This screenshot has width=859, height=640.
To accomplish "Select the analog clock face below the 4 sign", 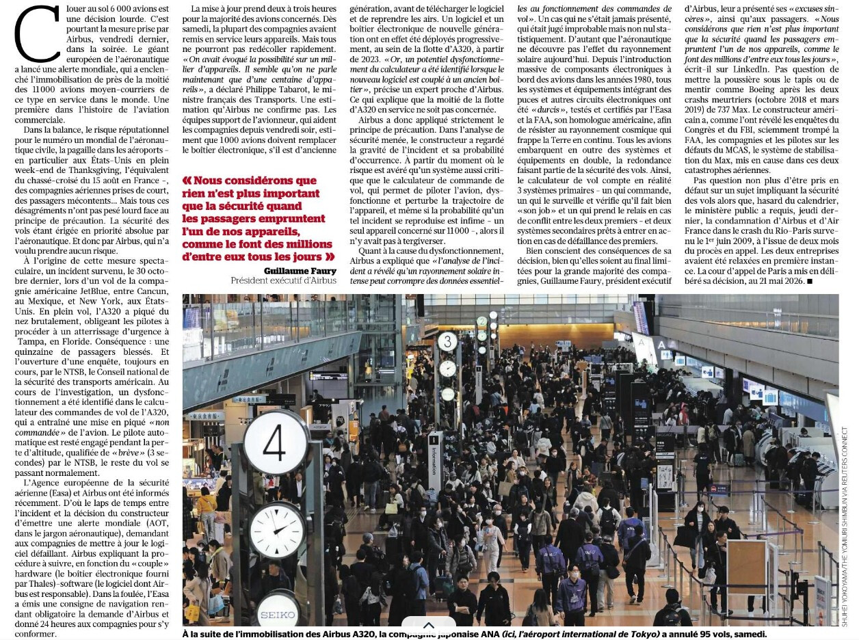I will [277, 530].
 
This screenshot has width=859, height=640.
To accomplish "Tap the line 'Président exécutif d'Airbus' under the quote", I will [283, 280].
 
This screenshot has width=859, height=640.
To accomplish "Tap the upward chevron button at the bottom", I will [428, 626].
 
